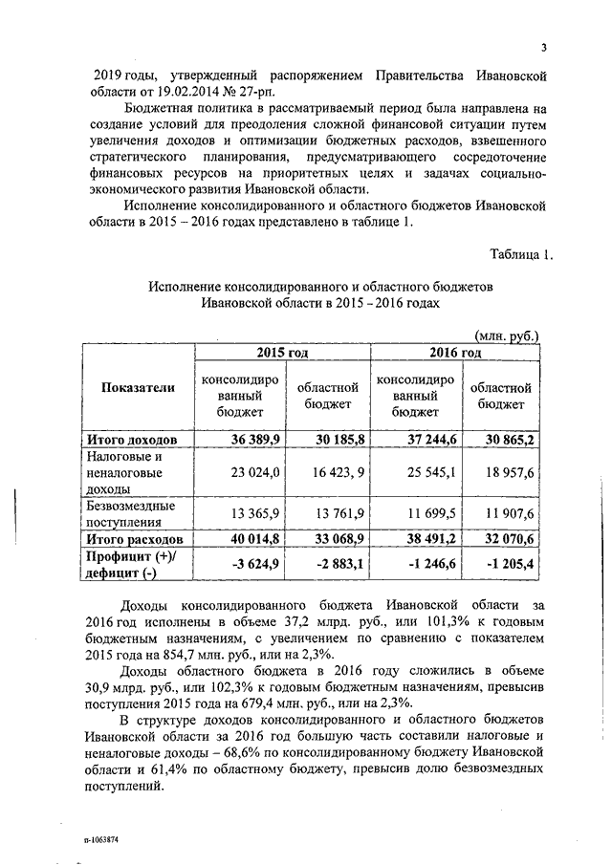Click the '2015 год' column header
coord(282,353)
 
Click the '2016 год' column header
coord(455,353)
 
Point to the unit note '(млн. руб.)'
coord(508,335)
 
